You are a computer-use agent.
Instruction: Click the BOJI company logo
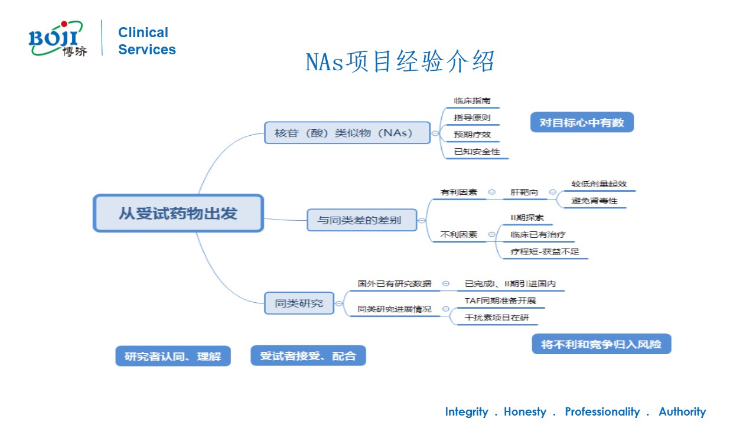click(57, 40)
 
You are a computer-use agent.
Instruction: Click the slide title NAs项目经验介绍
click(399, 62)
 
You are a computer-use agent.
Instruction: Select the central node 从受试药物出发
click(178, 213)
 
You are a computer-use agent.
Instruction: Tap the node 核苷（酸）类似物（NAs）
click(347, 133)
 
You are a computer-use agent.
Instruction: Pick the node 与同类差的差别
click(361, 220)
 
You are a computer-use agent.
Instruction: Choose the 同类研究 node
click(299, 303)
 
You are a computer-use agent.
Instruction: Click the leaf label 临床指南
click(472, 101)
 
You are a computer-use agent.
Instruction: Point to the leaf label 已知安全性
click(477, 152)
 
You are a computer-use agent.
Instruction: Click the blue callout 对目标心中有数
click(581, 123)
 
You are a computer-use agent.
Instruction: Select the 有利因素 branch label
click(459, 192)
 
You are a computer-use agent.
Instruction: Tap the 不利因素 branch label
click(459, 234)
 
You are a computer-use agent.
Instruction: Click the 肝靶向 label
click(524, 192)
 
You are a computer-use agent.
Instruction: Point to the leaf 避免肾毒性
click(594, 201)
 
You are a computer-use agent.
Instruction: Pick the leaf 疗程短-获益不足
click(545, 251)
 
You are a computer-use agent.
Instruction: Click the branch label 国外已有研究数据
click(395, 283)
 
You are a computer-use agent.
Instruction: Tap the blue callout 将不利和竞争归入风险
click(601, 344)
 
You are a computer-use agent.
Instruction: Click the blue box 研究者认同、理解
click(172, 357)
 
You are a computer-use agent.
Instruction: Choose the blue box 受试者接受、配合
click(308, 356)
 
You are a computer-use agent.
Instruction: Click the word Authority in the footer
click(682, 412)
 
